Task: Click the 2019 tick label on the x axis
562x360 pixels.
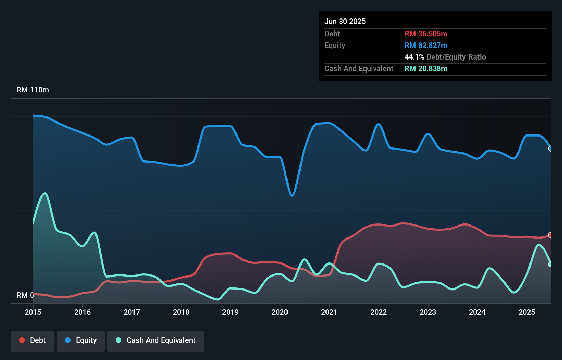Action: (230, 312)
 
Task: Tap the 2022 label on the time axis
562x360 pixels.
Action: (379, 312)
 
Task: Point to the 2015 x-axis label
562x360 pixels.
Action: (33, 312)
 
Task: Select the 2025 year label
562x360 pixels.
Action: (527, 312)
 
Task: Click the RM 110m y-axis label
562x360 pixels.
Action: (33, 90)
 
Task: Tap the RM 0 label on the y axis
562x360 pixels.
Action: (25, 295)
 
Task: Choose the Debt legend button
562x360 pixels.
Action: (33, 340)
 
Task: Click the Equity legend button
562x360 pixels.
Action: (81, 340)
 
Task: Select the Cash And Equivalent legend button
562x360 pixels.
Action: (156, 340)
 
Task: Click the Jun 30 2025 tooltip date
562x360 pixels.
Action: (345, 21)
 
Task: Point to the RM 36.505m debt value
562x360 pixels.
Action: (426, 34)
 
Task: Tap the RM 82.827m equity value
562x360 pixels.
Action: (426, 45)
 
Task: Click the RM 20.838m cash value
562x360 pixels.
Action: (426, 68)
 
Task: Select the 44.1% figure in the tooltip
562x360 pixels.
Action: (414, 57)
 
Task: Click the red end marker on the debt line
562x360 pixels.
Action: (550, 235)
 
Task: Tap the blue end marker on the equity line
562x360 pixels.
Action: (550, 149)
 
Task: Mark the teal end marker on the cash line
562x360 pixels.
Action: (550, 264)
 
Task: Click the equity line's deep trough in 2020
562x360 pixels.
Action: (292, 195)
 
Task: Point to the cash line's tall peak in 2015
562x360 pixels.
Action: (45, 194)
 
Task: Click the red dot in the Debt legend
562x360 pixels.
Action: (22, 340)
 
